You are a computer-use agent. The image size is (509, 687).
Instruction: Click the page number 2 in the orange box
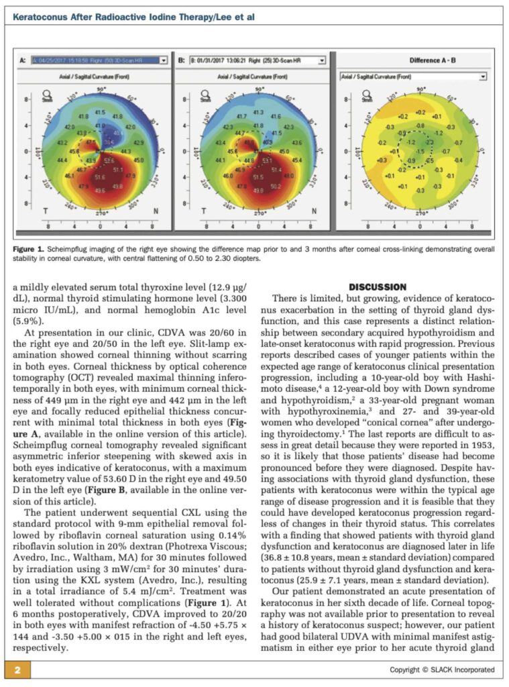click(x=18, y=669)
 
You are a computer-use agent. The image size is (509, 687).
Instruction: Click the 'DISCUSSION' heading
click(x=377, y=287)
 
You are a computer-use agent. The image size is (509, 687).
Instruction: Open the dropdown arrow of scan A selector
click(x=163, y=60)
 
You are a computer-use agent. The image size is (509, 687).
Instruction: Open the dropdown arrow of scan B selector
click(x=321, y=60)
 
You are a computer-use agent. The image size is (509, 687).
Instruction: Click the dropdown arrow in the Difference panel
click(x=482, y=77)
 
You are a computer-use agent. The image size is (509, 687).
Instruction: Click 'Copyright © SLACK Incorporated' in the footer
click(x=442, y=670)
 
